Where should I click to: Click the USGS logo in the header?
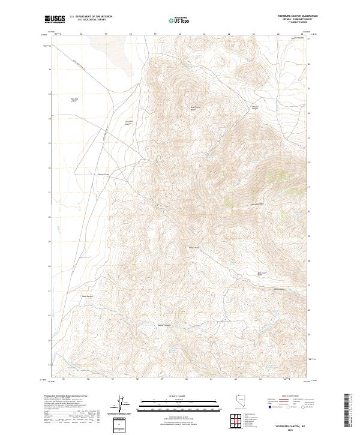(x=56, y=19)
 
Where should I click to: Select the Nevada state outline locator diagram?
(x=238, y=405)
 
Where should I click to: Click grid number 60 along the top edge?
(x=180, y=34)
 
